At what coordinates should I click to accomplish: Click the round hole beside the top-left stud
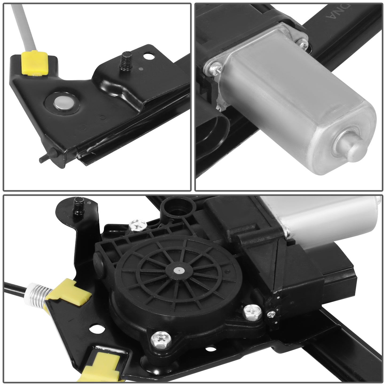pyautogui.click(x=147, y=56)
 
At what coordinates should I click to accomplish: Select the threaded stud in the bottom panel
pyautogui.click(x=79, y=205)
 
